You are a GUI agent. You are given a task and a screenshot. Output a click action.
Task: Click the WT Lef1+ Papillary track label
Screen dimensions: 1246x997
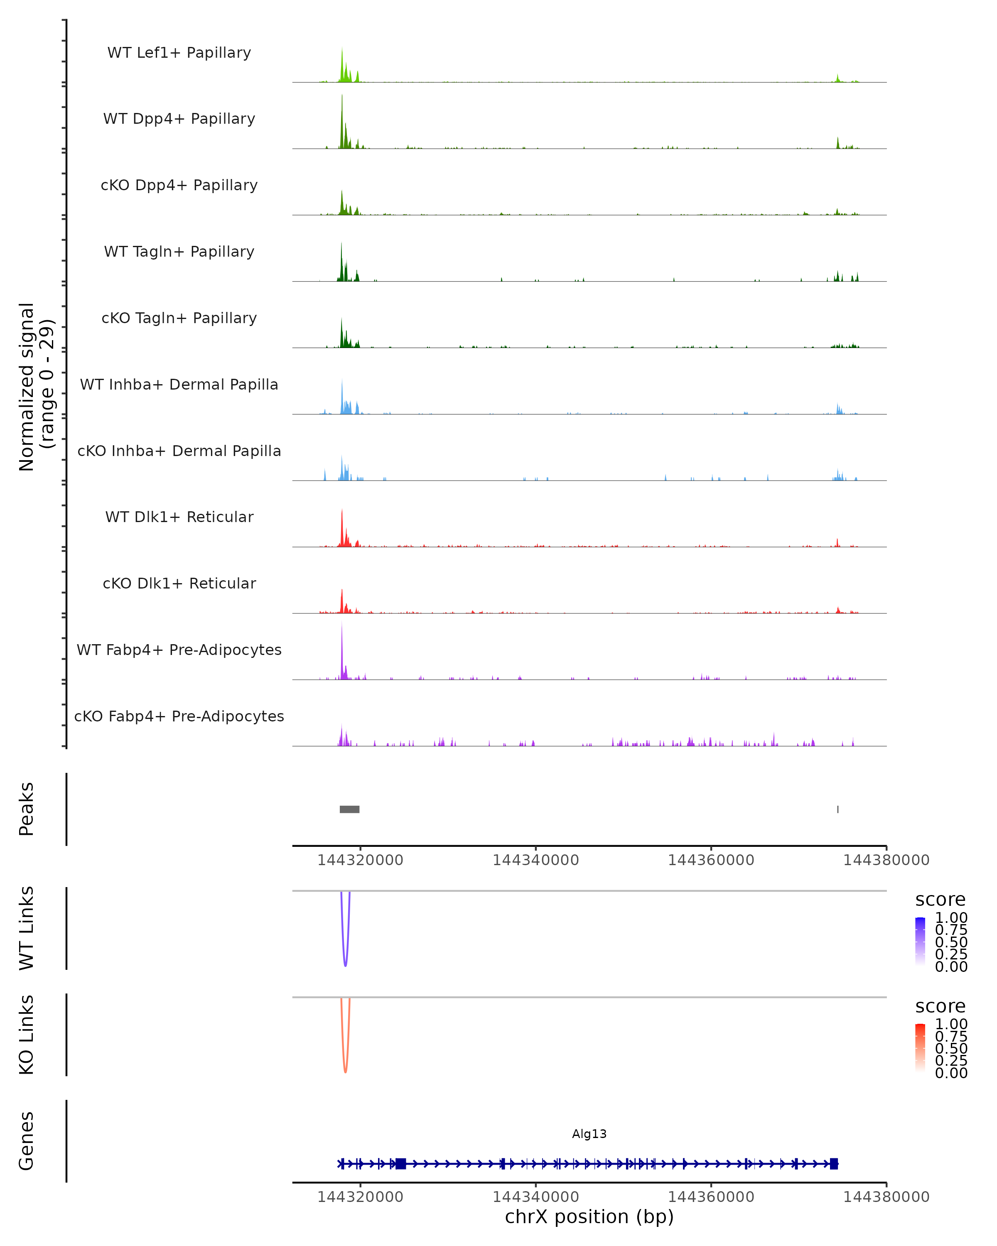pyautogui.click(x=179, y=53)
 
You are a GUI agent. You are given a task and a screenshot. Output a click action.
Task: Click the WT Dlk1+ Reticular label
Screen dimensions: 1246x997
pyautogui.click(x=179, y=517)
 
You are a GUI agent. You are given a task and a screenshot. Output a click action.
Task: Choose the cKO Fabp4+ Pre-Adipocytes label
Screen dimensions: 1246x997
pyautogui.click(x=179, y=716)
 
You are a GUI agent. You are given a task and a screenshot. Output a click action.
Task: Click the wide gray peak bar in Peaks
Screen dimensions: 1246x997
pyautogui.click(x=349, y=809)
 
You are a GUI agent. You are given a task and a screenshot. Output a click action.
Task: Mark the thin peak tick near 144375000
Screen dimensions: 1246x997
pyautogui.click(x=837, y=809)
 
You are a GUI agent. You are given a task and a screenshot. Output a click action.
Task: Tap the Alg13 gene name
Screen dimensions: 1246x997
pyautogui.click(x=589, y=1134)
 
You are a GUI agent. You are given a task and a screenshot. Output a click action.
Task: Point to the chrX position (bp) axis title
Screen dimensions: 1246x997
pyautogui.click(x=589, y=1217)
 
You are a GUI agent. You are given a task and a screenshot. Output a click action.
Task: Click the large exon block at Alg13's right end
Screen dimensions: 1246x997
pyautogui.click(x=833, y=1164)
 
